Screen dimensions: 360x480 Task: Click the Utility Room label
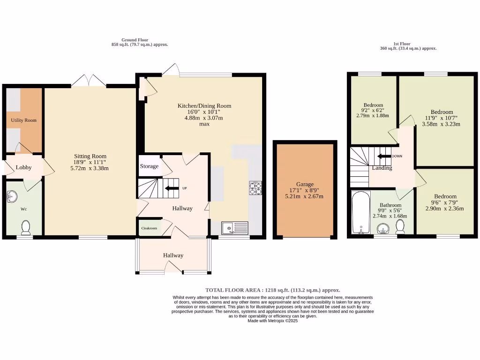point(23,120)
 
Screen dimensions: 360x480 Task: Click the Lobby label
point(23,167)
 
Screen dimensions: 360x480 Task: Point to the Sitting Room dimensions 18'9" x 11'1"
point(90,162)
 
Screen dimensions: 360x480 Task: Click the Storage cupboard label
point(149,166)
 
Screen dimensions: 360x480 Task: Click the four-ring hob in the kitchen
point(255,188)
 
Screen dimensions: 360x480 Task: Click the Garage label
point(305,184)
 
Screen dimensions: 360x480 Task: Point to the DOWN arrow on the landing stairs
point(384,156)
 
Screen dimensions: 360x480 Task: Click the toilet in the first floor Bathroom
point(400,226)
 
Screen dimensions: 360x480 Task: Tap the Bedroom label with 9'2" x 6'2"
point(373,105)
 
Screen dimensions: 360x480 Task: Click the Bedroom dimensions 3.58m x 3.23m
point(441,124)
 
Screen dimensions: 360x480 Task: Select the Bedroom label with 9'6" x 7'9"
point(445,196)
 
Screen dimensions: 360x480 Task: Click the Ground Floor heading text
point(135,40)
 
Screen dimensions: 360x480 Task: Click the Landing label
point(382,168)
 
